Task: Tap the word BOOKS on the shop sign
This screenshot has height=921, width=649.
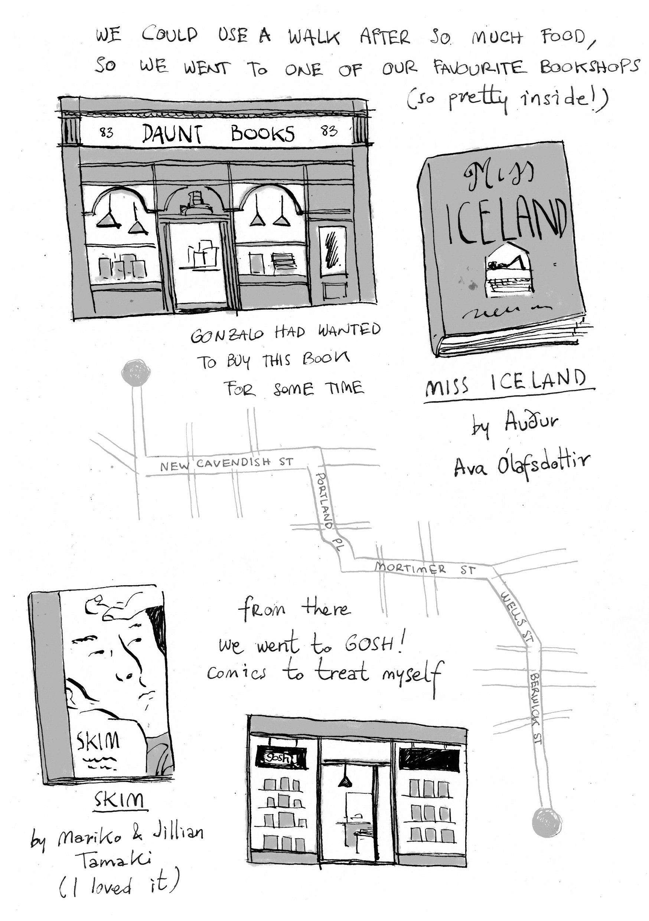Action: click(x=263, y=134)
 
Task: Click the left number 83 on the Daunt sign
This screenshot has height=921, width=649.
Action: click(x=106, y=132)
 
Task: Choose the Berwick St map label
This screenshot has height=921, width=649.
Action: click(x=536, y=709)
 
